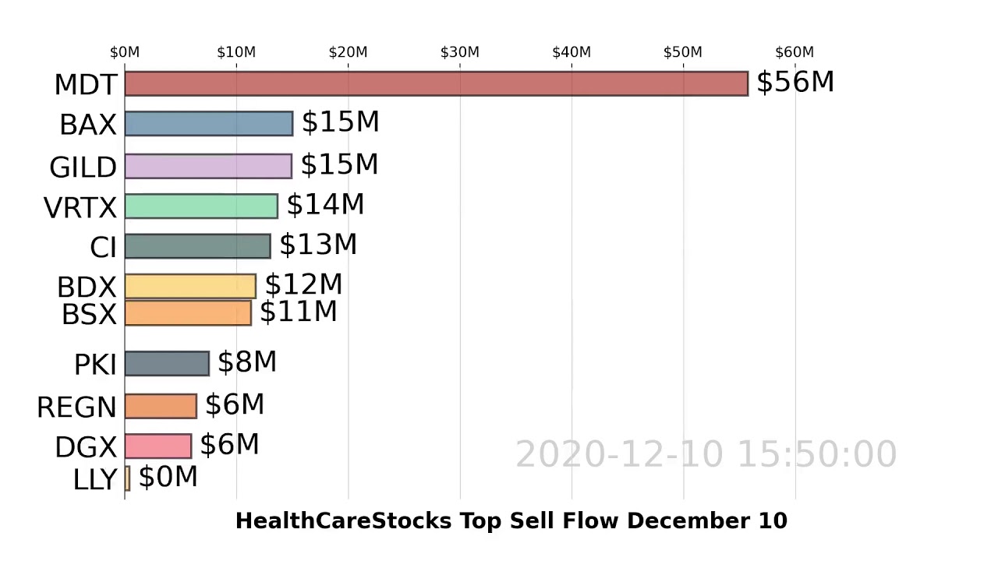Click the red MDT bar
pyautogui.click(x=436, y=83)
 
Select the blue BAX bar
pyautogui.click(x=208, y=124)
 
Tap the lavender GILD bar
pyautogui.click(x=207, y=166)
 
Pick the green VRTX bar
pyautogui.click(x=200, y=206)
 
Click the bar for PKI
pyautogui.click(x=166, y=364)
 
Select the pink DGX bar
pyautogui.click(x=157, y=446)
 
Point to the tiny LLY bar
pyautogui.click(x=127, y=478)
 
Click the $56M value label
pyautogui.click(x=795, y=82)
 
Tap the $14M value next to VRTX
pyautogui.click(x=325, y=204)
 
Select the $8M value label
pyautogui.click(x=246, y=362)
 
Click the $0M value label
pyautogui.click(x=168, y=477)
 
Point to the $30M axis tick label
pyautogui.click(x=459, y=52)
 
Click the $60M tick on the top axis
pyautogui.click(x=794, y=52)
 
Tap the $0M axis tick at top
pyautogui.click(x=125, y=52)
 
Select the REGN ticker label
pyautogui.click(x=76, y=407)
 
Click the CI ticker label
pyautogui.click(x=103, y=247)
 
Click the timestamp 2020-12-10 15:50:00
pyautogui.click(x=706, y=454)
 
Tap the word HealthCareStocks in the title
pyautogui.click(x=344, y=521)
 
